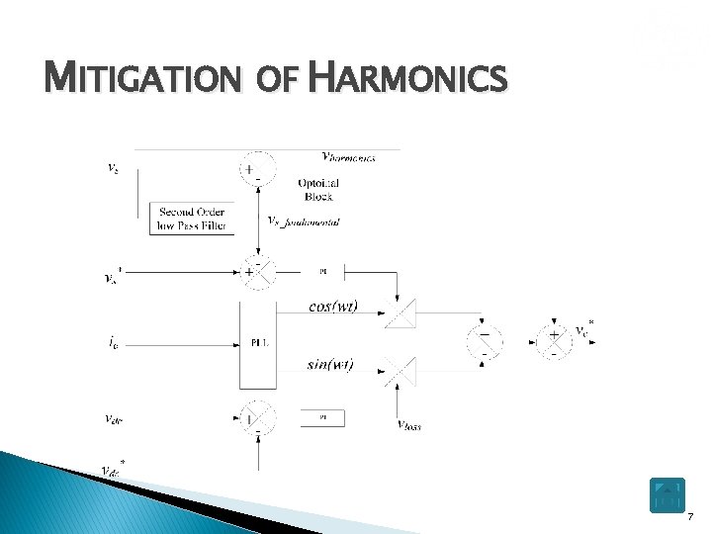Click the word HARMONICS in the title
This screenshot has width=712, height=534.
point(407,77)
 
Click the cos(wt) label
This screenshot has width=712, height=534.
point(332,306)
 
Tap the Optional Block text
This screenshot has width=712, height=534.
point(318,190)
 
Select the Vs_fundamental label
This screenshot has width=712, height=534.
point(304,222)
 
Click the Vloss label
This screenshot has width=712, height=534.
point(408,426)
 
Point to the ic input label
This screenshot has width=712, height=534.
point(116,343)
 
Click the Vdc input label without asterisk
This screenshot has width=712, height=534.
point(114,418)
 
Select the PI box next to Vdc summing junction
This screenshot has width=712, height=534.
point(322,418)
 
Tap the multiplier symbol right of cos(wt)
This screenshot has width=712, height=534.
point(398,311)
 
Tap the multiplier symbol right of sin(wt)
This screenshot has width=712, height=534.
point(398,371)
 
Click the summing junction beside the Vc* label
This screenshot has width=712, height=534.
point(554,340)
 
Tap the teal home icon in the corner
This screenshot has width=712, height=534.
point(667,495)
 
